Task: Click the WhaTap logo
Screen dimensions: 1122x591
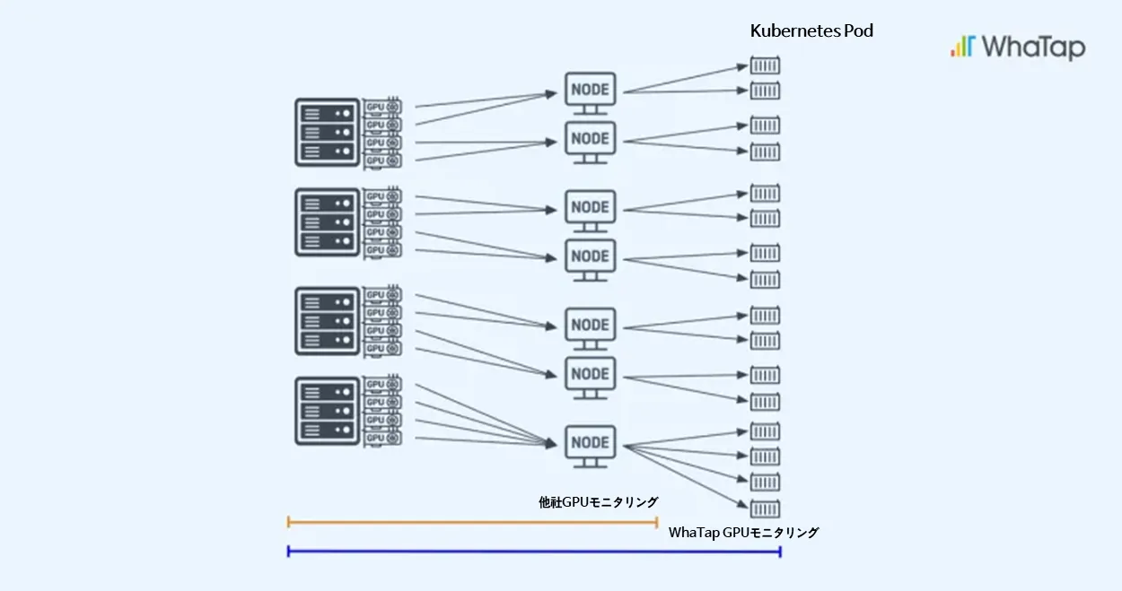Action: pyautogui.click(x=1018, y=48)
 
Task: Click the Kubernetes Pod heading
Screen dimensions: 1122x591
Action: pyautogui.click(x=811, y=31)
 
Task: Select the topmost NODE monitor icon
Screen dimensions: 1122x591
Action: pyautogui.click(x=590, y=93)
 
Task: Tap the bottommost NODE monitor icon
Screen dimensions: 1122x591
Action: pyautogui.click(x=590, y=447)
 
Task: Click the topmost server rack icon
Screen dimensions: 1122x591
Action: pyautogui.click(x=327, y=132)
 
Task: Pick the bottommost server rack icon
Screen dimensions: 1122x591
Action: pyautogui.click(x=327, y=411)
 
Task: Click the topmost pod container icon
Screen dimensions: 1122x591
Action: pyautogui.click(x=765, y=65)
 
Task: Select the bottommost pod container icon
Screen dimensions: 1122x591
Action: pyautogui.click(x=765, y=508)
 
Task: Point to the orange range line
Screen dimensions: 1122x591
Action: pyautogui.click(x=472, y=523)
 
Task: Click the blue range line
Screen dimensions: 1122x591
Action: pyautogui.click(x=534, y=552)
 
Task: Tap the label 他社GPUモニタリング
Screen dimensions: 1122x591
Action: pyautogui.click(x=598, y=502)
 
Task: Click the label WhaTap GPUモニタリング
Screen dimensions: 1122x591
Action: pyautogui.click(x=743, y=533)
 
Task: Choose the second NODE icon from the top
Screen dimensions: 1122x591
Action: pyautogui.click(x=590, y=143)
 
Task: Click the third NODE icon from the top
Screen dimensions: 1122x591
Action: pyautogui.click(x=590, y=211)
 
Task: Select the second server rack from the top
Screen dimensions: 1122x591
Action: pyautogui.click(x=327, y=222)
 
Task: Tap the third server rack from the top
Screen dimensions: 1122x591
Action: pyautogui.click(x=327, y=321)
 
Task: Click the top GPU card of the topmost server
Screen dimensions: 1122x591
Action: pyautogui.click(x=382, y=107)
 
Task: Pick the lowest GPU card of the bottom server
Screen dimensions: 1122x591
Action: pyautogui.click(x=382, y=439)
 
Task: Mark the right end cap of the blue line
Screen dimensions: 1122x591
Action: pyautogui.click(x=780, y=552)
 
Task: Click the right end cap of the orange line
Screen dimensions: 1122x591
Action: pyautogui.click(x=656, y=523)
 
